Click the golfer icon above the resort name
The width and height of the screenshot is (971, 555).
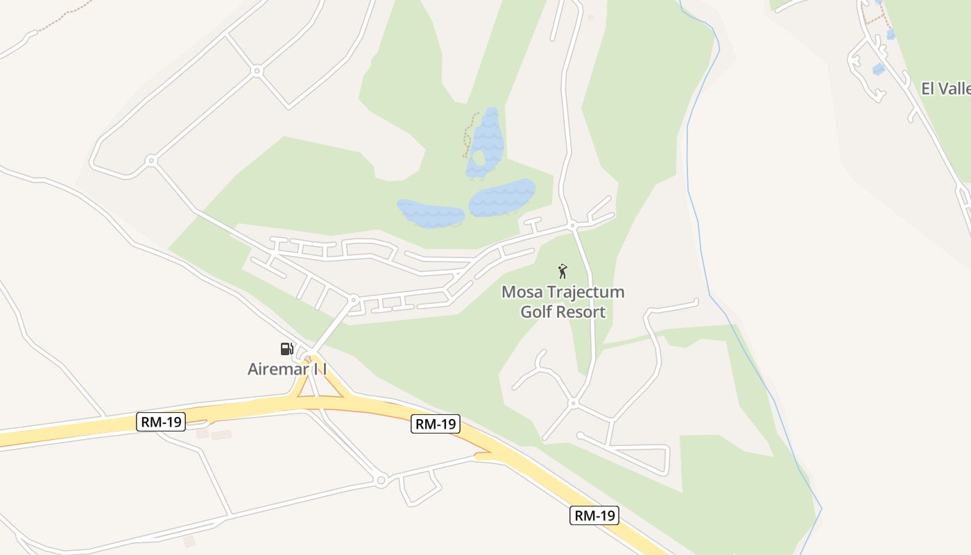562,271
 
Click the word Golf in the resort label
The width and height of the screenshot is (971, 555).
535,311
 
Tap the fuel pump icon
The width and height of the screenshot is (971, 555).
286,348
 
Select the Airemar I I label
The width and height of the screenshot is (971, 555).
287,369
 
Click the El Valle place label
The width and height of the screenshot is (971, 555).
945,89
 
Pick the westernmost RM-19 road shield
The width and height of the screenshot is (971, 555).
161,422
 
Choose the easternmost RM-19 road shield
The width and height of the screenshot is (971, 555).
594,515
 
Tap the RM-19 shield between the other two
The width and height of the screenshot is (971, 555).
436,424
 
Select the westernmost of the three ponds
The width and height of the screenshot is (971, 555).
430,213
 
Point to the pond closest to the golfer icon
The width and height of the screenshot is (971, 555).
502,198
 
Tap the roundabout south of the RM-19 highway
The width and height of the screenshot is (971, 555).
380,479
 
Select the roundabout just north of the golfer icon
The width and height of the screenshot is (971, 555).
572,225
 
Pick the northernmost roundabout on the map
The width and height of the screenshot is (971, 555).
257,71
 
